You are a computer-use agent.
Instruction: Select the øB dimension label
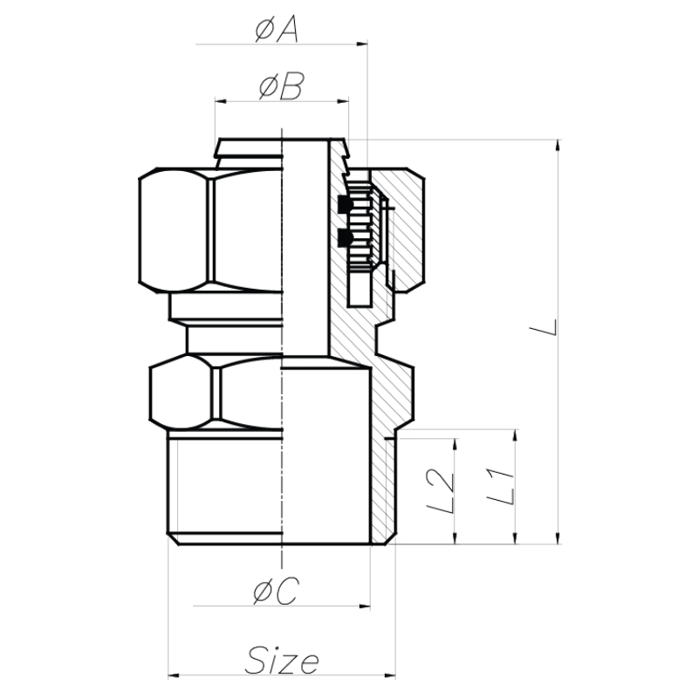tap(281, 86)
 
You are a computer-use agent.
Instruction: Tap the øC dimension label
tap(277, 592)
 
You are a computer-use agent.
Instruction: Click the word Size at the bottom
tap(282, 660)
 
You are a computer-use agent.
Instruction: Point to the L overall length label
tap(543, 327)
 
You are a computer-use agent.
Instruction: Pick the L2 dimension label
tap(441, 492)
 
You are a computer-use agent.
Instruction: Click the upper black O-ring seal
tap(345, 204)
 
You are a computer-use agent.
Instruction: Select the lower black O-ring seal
tap(345, 237)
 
